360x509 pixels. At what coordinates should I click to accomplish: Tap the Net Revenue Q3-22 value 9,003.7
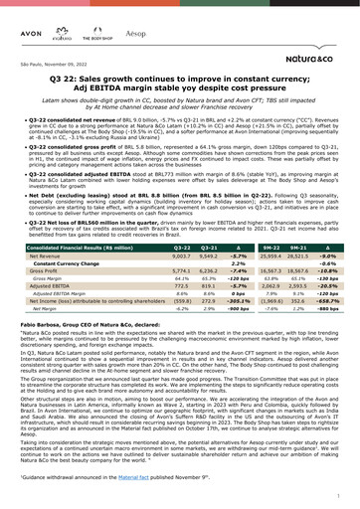(x=182, y=255)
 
